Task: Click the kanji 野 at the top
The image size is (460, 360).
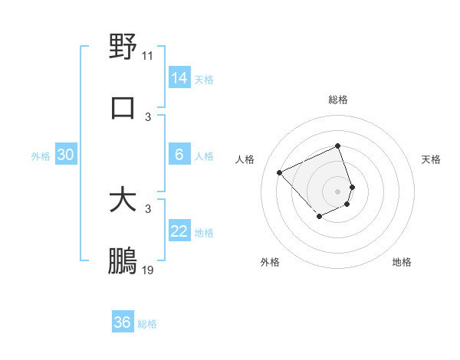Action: click(123, 47)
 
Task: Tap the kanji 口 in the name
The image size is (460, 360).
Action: click(123, 108)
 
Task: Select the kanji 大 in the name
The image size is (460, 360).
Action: click(123, 200)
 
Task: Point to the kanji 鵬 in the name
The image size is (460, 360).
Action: click(123, 261)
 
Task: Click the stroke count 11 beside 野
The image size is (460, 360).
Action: click(148, 55)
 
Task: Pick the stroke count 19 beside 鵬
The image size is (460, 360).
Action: click(148, 270)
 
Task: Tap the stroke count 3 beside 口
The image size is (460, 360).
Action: click(148, 116)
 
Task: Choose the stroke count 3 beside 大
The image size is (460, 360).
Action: click(148, 208)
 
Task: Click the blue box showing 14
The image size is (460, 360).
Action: click(179, 78)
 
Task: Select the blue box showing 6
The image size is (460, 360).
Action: click(179, 155)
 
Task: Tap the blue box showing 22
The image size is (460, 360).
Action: click(179, 231)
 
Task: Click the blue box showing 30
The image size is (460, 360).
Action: click(66, 155)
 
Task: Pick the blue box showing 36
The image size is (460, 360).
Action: click(123, 322)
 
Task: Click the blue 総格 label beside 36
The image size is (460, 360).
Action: click(147, 324)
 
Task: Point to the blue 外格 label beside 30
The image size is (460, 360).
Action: click(41, 156)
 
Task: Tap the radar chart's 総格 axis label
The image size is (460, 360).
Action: click(337, 100)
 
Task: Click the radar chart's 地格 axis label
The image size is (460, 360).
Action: click(402, 262)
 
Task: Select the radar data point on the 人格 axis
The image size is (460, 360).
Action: click(280, 172)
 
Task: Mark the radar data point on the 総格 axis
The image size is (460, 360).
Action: click(337, 146)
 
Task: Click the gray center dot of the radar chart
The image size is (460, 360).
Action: click(337, 191)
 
